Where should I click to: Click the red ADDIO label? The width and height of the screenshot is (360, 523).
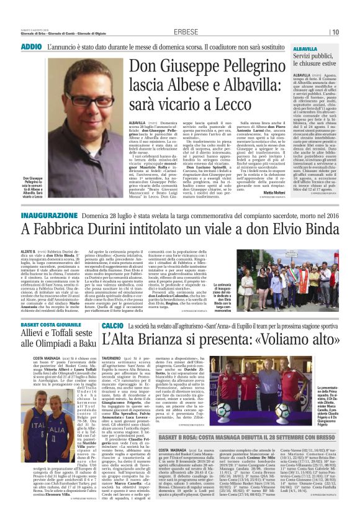click(31, 47)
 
